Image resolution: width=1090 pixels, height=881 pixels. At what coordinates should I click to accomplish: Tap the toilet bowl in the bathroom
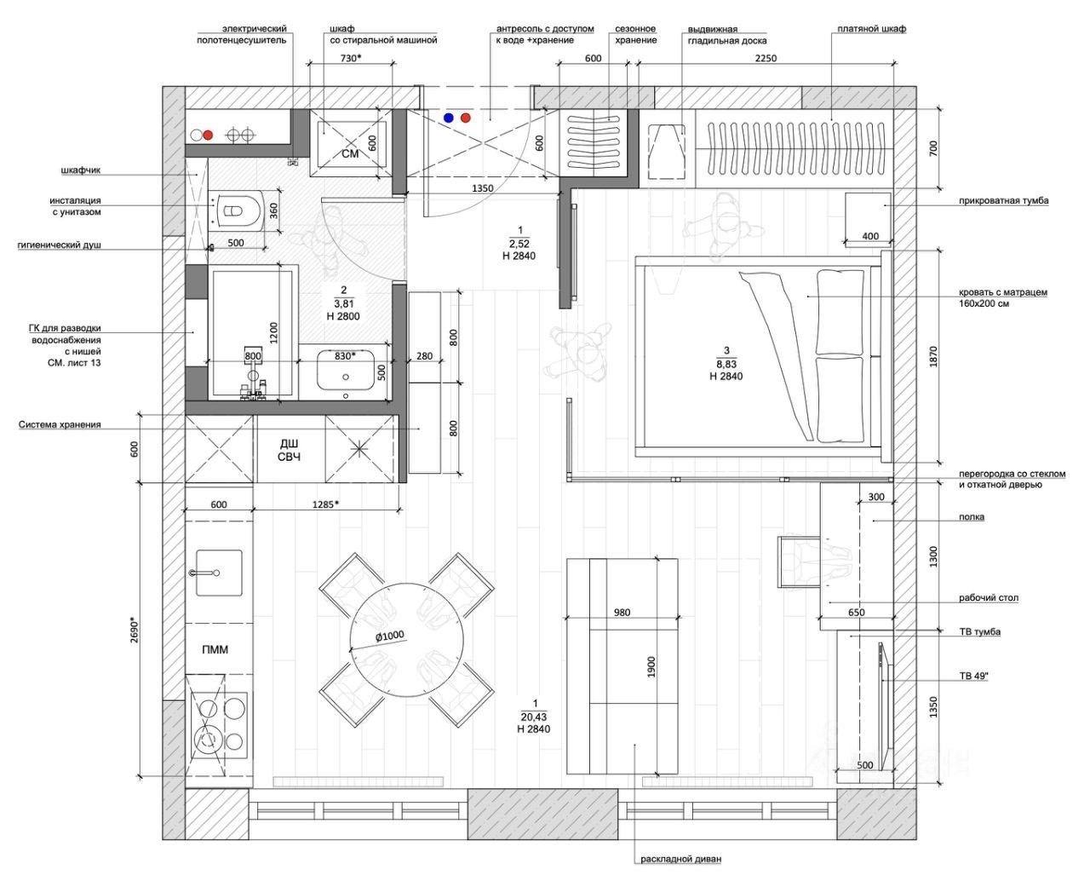tap(238, 210)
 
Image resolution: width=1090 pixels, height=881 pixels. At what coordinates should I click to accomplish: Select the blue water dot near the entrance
tap(449, 118)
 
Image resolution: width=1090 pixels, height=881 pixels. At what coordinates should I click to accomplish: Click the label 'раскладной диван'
tap(680, 859)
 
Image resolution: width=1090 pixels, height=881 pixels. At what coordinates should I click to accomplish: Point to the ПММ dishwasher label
tap(215, 649)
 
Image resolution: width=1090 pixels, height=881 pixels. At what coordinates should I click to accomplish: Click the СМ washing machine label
tap(351, 153)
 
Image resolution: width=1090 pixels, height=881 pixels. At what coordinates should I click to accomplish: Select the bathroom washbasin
tap(347, 370)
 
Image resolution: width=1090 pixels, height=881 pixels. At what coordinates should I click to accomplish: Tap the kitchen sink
tap(219, 573)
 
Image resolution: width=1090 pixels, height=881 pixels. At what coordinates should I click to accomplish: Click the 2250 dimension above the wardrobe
tap(766, 58)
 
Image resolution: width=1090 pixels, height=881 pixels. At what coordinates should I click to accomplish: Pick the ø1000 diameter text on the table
tap(389, 636)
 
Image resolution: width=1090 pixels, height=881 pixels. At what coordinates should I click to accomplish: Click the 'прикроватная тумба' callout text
tap(1003, 201)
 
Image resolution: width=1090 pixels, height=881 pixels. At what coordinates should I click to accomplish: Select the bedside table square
tap(868, 218)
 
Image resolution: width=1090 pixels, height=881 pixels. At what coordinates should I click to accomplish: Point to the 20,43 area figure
tap(534, 717)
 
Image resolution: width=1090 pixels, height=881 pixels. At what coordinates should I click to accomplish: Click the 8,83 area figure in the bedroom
tap(726, 365)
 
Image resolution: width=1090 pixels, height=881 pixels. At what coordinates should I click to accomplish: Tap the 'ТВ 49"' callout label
tap(974, 677)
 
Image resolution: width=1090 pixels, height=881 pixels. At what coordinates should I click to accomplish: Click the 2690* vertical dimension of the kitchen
tap(135, 632)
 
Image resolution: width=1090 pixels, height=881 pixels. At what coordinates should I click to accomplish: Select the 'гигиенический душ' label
tap(60, 245)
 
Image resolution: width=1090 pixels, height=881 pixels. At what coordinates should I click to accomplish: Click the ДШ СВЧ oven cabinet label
tap(290, 451)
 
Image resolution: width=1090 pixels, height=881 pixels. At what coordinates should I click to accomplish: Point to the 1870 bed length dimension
tap(933, 357)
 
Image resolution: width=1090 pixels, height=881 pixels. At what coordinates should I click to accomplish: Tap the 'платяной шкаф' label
tap(871, 29)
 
